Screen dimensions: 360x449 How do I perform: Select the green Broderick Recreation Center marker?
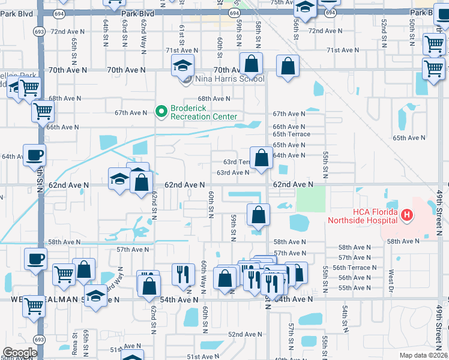[x=161, y=111]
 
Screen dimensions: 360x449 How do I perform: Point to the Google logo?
[x=19, y=353]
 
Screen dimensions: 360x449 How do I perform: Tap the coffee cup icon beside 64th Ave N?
[x=34, y=155]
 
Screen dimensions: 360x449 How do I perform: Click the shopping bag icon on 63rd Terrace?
[x=261, y=158]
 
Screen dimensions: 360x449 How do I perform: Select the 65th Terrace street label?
[x=291, y=134]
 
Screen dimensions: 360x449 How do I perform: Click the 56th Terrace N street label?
[x=354, y=268]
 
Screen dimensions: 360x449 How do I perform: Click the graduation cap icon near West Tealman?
[x=95, y=297]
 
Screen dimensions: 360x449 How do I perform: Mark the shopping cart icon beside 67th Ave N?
[x=43, y=110]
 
